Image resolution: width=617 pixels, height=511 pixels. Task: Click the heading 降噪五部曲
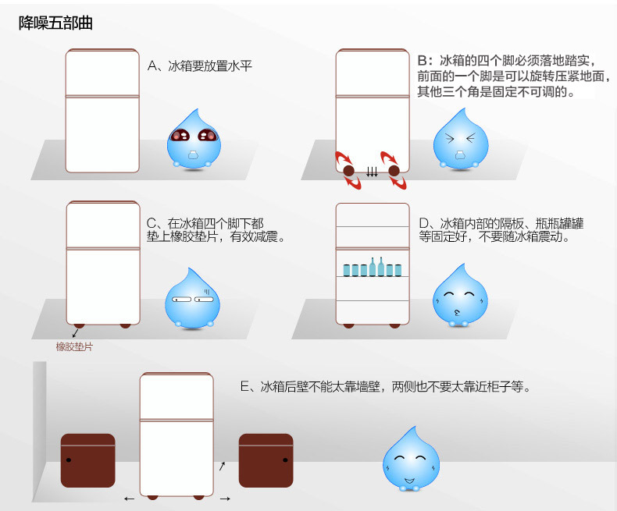click(x=55, y=23)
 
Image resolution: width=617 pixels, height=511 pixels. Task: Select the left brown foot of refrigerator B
click(x=348, y=170)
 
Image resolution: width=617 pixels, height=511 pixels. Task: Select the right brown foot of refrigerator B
click(x=394, y=170)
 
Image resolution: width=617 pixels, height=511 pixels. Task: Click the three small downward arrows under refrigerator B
click(x=372, y=172)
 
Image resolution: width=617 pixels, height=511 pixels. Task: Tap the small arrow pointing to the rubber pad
click(x=74, y=333)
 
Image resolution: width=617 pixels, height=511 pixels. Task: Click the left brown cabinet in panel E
click(x=88, y=460)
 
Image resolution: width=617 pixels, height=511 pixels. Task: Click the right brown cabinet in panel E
click(x=266, y=460)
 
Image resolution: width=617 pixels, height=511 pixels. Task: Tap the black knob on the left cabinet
click(x=70, y=460)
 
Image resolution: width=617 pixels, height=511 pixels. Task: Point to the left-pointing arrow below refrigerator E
click(x=129, y=498)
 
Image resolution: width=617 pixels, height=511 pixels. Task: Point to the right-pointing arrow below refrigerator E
click(x=225, y=498)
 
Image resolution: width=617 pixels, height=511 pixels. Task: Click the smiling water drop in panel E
click(x=411, y=458)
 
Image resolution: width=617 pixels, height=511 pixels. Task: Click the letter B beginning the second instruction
click(x=423, y=60)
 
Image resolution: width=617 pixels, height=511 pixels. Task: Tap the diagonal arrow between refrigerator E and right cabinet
click(x=222, y=466)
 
